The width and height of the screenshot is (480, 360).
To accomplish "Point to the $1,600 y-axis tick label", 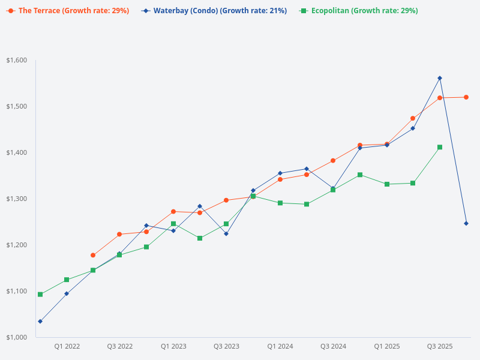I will tap(17, 60).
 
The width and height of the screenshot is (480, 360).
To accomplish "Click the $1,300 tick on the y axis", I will tap(17, 199).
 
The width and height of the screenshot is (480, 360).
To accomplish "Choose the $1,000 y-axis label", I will tap(17, 337).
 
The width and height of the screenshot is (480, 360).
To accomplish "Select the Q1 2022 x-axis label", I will tap(67, 346).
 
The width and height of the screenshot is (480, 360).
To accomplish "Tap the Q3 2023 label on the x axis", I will tap(227, 346).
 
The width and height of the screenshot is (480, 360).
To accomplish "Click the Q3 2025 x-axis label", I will tap(440, 346).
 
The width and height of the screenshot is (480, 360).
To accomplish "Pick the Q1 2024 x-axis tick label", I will tap(280, 346).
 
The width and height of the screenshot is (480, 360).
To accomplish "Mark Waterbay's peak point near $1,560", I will tap(440, 78).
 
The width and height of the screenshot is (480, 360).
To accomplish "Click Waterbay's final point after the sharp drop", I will tap(466, 223).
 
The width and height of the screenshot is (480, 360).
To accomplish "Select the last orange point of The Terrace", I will tap(466, 97).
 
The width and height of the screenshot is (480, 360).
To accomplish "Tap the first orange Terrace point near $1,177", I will tap(93, 256).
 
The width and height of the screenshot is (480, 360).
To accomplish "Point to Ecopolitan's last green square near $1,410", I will tap(440, 147).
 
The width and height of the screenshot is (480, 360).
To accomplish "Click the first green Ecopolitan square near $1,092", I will tap(40, 295).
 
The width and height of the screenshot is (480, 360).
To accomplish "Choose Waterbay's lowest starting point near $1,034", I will tap(40, 322).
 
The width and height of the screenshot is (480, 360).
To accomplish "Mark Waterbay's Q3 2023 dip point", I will tap(226, 233).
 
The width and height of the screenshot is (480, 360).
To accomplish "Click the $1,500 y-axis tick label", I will tap(17, 106).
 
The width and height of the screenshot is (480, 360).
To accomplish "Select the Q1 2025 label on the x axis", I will tap(387, 346).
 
